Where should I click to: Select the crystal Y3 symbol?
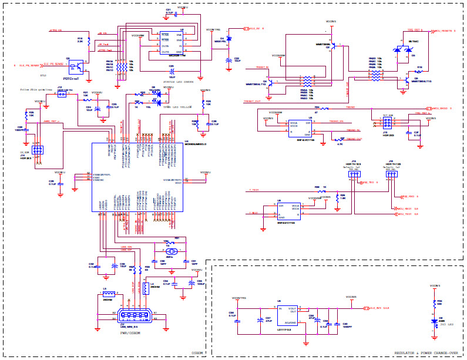[171, 251]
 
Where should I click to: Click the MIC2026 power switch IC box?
[173, 43]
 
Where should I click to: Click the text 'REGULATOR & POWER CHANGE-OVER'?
[425, 352]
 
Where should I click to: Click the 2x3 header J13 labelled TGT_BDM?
[387, 123]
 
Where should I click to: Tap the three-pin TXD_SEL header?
[354, 173]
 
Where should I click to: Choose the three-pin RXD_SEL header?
[391, 173]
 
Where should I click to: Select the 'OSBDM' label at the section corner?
[197, 353]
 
